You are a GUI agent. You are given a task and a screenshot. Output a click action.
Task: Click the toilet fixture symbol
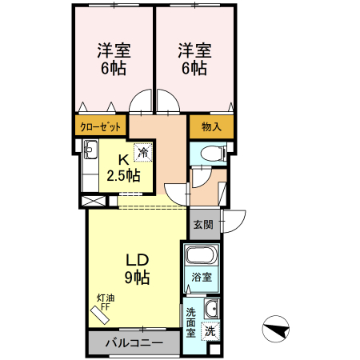pos(214,154)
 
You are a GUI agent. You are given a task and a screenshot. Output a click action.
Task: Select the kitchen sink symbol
pos(91,150)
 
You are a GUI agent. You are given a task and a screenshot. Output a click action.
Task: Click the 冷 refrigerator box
pos(143,153)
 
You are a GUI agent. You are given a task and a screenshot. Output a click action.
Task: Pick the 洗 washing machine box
pos(210,331)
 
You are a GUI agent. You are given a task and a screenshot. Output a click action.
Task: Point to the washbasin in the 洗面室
pos(211,309)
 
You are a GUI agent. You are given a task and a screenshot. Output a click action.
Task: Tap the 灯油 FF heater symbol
pos(100,315)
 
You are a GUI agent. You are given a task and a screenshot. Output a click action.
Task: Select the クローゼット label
pos(100,127)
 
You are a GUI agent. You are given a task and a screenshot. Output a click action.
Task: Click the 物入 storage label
pos(211,126)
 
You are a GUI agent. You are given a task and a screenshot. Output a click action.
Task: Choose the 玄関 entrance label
pos(203,225)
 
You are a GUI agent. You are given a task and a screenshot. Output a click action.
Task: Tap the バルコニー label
pos(134,342)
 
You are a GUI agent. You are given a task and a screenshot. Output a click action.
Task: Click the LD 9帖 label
pos(138,269)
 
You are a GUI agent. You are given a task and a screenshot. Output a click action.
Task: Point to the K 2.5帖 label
pos(123,168)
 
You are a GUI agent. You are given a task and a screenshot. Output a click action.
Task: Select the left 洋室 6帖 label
pos(114,59)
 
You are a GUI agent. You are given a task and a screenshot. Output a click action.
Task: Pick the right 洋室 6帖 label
pos(195,59)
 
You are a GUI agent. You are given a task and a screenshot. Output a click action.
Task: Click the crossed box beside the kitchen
pos(94,201)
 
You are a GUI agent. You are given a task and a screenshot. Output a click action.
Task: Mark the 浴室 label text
pos(202,278)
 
